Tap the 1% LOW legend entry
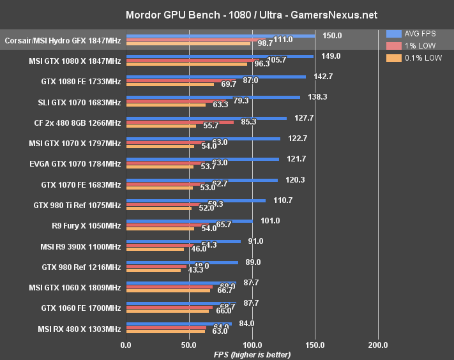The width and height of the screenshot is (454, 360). click(414, 45)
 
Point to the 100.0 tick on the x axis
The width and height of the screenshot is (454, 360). click(252, 345)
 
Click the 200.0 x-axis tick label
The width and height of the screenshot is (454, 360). click(378, 345)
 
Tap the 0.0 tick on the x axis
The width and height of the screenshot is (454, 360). click(126, 345)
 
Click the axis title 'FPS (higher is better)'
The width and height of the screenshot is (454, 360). click(252, 354)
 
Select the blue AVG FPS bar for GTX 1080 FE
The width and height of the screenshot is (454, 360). click(216, 77)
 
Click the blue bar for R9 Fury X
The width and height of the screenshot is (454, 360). click(190, 221)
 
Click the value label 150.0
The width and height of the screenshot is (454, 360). click(331, 36)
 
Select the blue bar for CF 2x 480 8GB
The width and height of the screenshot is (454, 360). click(206, 118)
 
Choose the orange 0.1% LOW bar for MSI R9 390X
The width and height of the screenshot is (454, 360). click(155, 249)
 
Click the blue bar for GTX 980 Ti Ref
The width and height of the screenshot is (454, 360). click(195, 200)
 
